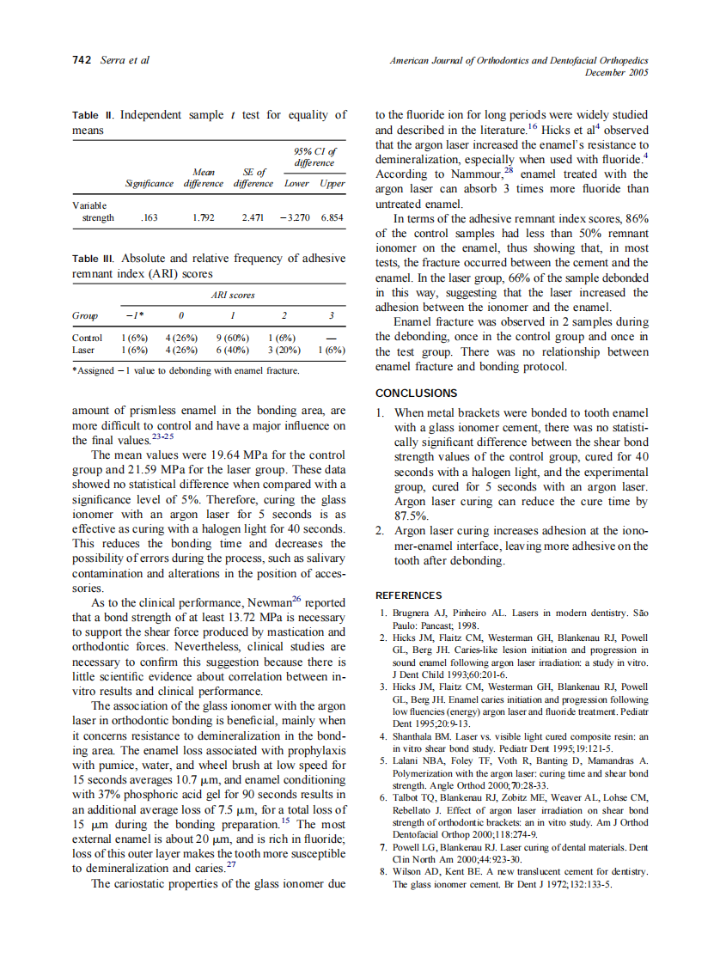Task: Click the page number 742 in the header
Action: pyautogui.click(x=82, y=60)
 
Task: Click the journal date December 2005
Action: pyautogui.click(x=616, y=73)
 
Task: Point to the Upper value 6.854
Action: pyautogui.click(x=331, y=218)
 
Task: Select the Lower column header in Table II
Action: pyautogui.click(x=296, y=183)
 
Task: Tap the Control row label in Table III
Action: pyautogui.click(x=87, y=338)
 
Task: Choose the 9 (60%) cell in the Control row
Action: pyautogui.click(x=231, y=338)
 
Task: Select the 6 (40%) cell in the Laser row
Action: pyautogui.click(x=231, y=350)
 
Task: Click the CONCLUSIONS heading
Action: pyautogui.click(x=416, y=393)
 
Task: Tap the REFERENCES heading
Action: pyautogui.click(x=409, y=595)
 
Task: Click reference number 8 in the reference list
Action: pyautogui.click(x=383, y=872)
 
